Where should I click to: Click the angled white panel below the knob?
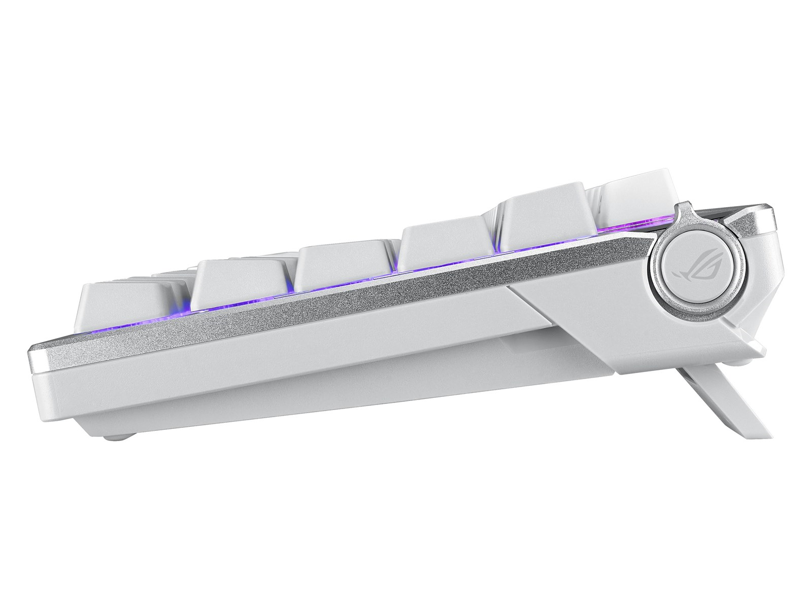609,335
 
